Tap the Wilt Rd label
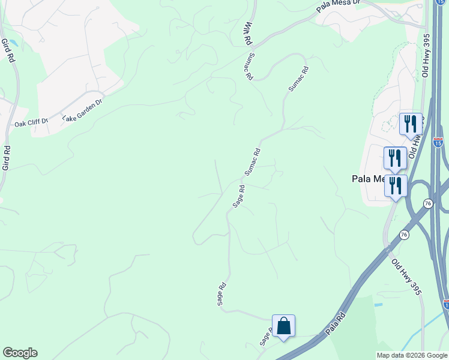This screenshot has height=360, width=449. (x=247, y=33)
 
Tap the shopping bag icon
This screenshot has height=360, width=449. (x=283, y=326)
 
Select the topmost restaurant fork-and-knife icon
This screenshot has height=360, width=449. (x=411, y=124)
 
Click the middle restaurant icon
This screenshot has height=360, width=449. (x=395, y=158)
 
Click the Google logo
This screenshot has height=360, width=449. (x=20, y=353)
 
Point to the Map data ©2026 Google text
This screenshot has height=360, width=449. (x=411, y=355)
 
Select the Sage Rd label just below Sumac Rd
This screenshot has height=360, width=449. (x=238, y=197)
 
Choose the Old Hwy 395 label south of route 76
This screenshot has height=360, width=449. (x=406, y=275)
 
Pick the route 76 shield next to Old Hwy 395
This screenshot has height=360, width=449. (x=404, y=235)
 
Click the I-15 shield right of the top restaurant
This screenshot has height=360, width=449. (x=438, y=143)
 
